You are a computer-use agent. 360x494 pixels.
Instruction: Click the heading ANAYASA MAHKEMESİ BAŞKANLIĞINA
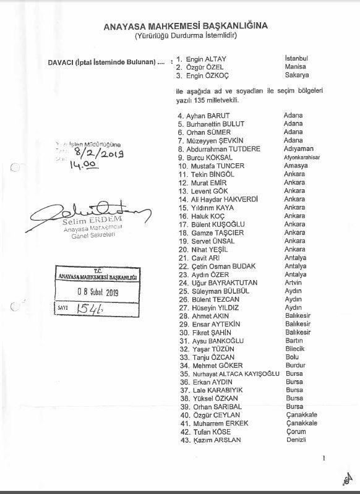[x=186, y=26]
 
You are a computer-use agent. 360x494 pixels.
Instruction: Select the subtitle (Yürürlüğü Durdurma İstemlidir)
[x=186, y=36]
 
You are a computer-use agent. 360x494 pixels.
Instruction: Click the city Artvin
[x=294, y=283]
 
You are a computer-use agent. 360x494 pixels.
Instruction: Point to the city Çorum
[x=294, y=432]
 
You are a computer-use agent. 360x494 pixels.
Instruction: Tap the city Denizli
[x=295, y=440]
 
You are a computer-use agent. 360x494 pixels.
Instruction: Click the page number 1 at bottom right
[x=324, y=459]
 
